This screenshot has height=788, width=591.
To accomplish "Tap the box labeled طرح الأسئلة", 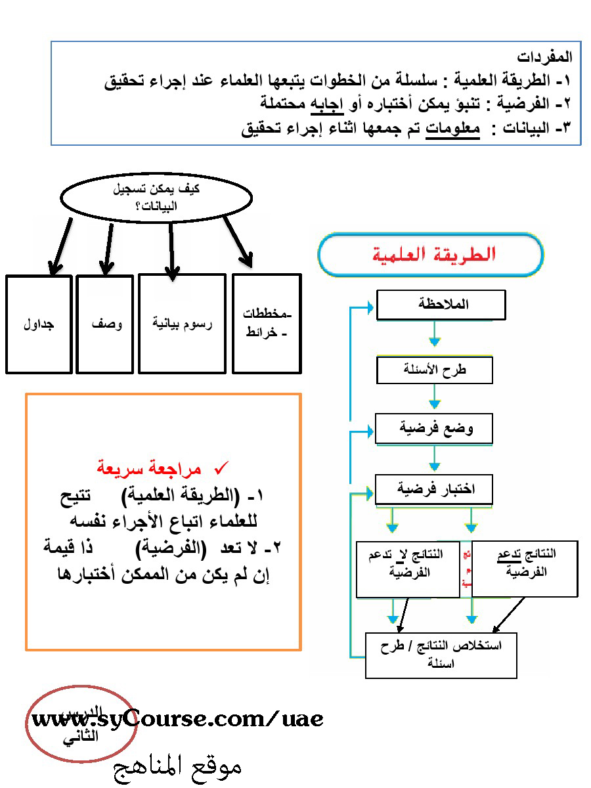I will (434, 370).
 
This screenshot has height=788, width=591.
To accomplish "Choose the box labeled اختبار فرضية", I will (433, 489).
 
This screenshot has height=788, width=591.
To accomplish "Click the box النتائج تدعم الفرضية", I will (525, 568).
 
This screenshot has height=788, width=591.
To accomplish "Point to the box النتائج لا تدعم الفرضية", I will (408, 568).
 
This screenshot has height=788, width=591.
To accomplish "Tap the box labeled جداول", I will (39, 324).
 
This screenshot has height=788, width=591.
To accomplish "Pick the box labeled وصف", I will (105, 324).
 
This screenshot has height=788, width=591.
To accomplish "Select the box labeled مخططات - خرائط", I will (267, 324).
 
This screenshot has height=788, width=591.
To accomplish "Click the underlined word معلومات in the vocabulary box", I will (453, 129).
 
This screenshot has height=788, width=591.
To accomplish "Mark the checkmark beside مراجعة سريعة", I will (221, 468).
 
